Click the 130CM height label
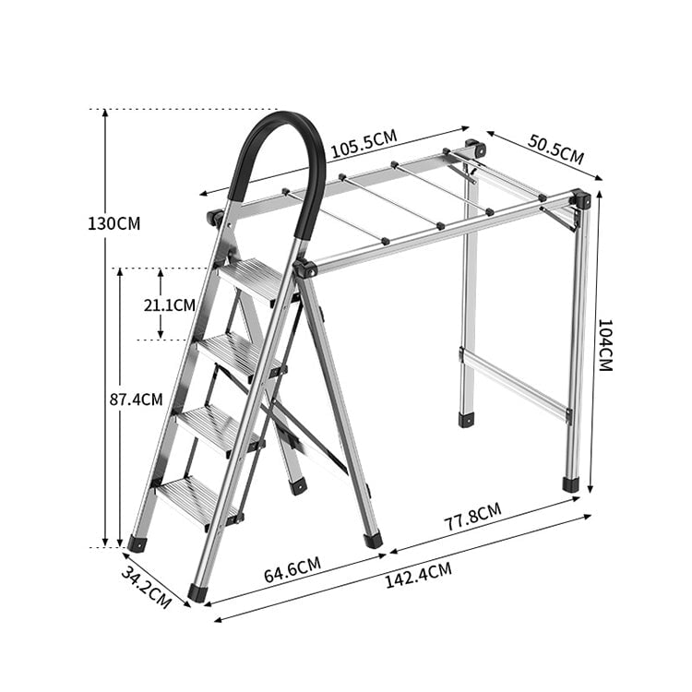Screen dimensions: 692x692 (113, 224)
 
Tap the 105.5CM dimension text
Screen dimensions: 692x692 (364, 144)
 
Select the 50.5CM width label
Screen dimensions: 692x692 (555, 149)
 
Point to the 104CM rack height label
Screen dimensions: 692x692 (604, 345)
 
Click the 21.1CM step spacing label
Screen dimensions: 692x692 (170, 305)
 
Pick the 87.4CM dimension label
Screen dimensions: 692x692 (136, 400)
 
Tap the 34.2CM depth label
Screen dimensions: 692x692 (146, 588)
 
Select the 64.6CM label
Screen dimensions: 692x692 (292, 570)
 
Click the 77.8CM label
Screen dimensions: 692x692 (472, 517)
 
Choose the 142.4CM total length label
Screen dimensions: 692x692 (418, 575)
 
